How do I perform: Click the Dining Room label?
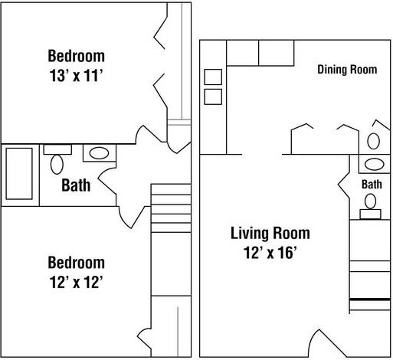coord(347,70)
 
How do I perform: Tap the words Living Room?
coord(270,234)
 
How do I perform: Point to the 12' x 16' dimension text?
coord(270,253)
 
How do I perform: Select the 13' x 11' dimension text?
coord(76,76)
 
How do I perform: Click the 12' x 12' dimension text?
coord(76,282)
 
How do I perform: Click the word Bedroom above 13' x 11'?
coord(76,56)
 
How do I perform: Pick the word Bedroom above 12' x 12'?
coord(76,263)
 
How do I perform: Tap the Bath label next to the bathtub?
coord(76,185)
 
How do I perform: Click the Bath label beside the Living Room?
coord(372,185)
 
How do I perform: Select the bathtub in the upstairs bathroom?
coord(19,174)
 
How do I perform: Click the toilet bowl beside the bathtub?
coord(57,165)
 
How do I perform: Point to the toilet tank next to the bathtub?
coord(57,149)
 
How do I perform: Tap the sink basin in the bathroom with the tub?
coord(99,153)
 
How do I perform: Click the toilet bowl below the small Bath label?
coord(370,201)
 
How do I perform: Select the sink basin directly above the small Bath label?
coord(375,164)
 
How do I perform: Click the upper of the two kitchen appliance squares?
coord(213,77)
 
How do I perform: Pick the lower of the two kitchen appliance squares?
coord(213,97)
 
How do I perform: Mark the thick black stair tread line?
coord(370,299)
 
